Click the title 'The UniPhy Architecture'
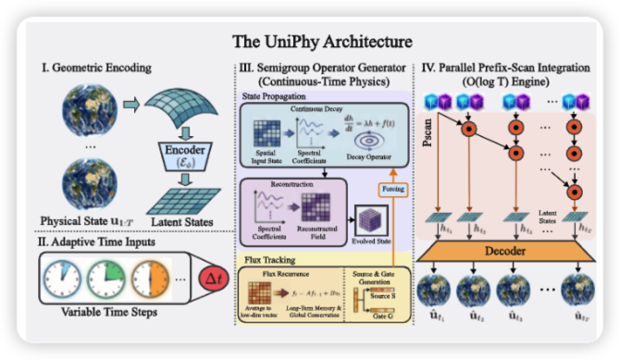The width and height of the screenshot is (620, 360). tap(310, 42)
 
